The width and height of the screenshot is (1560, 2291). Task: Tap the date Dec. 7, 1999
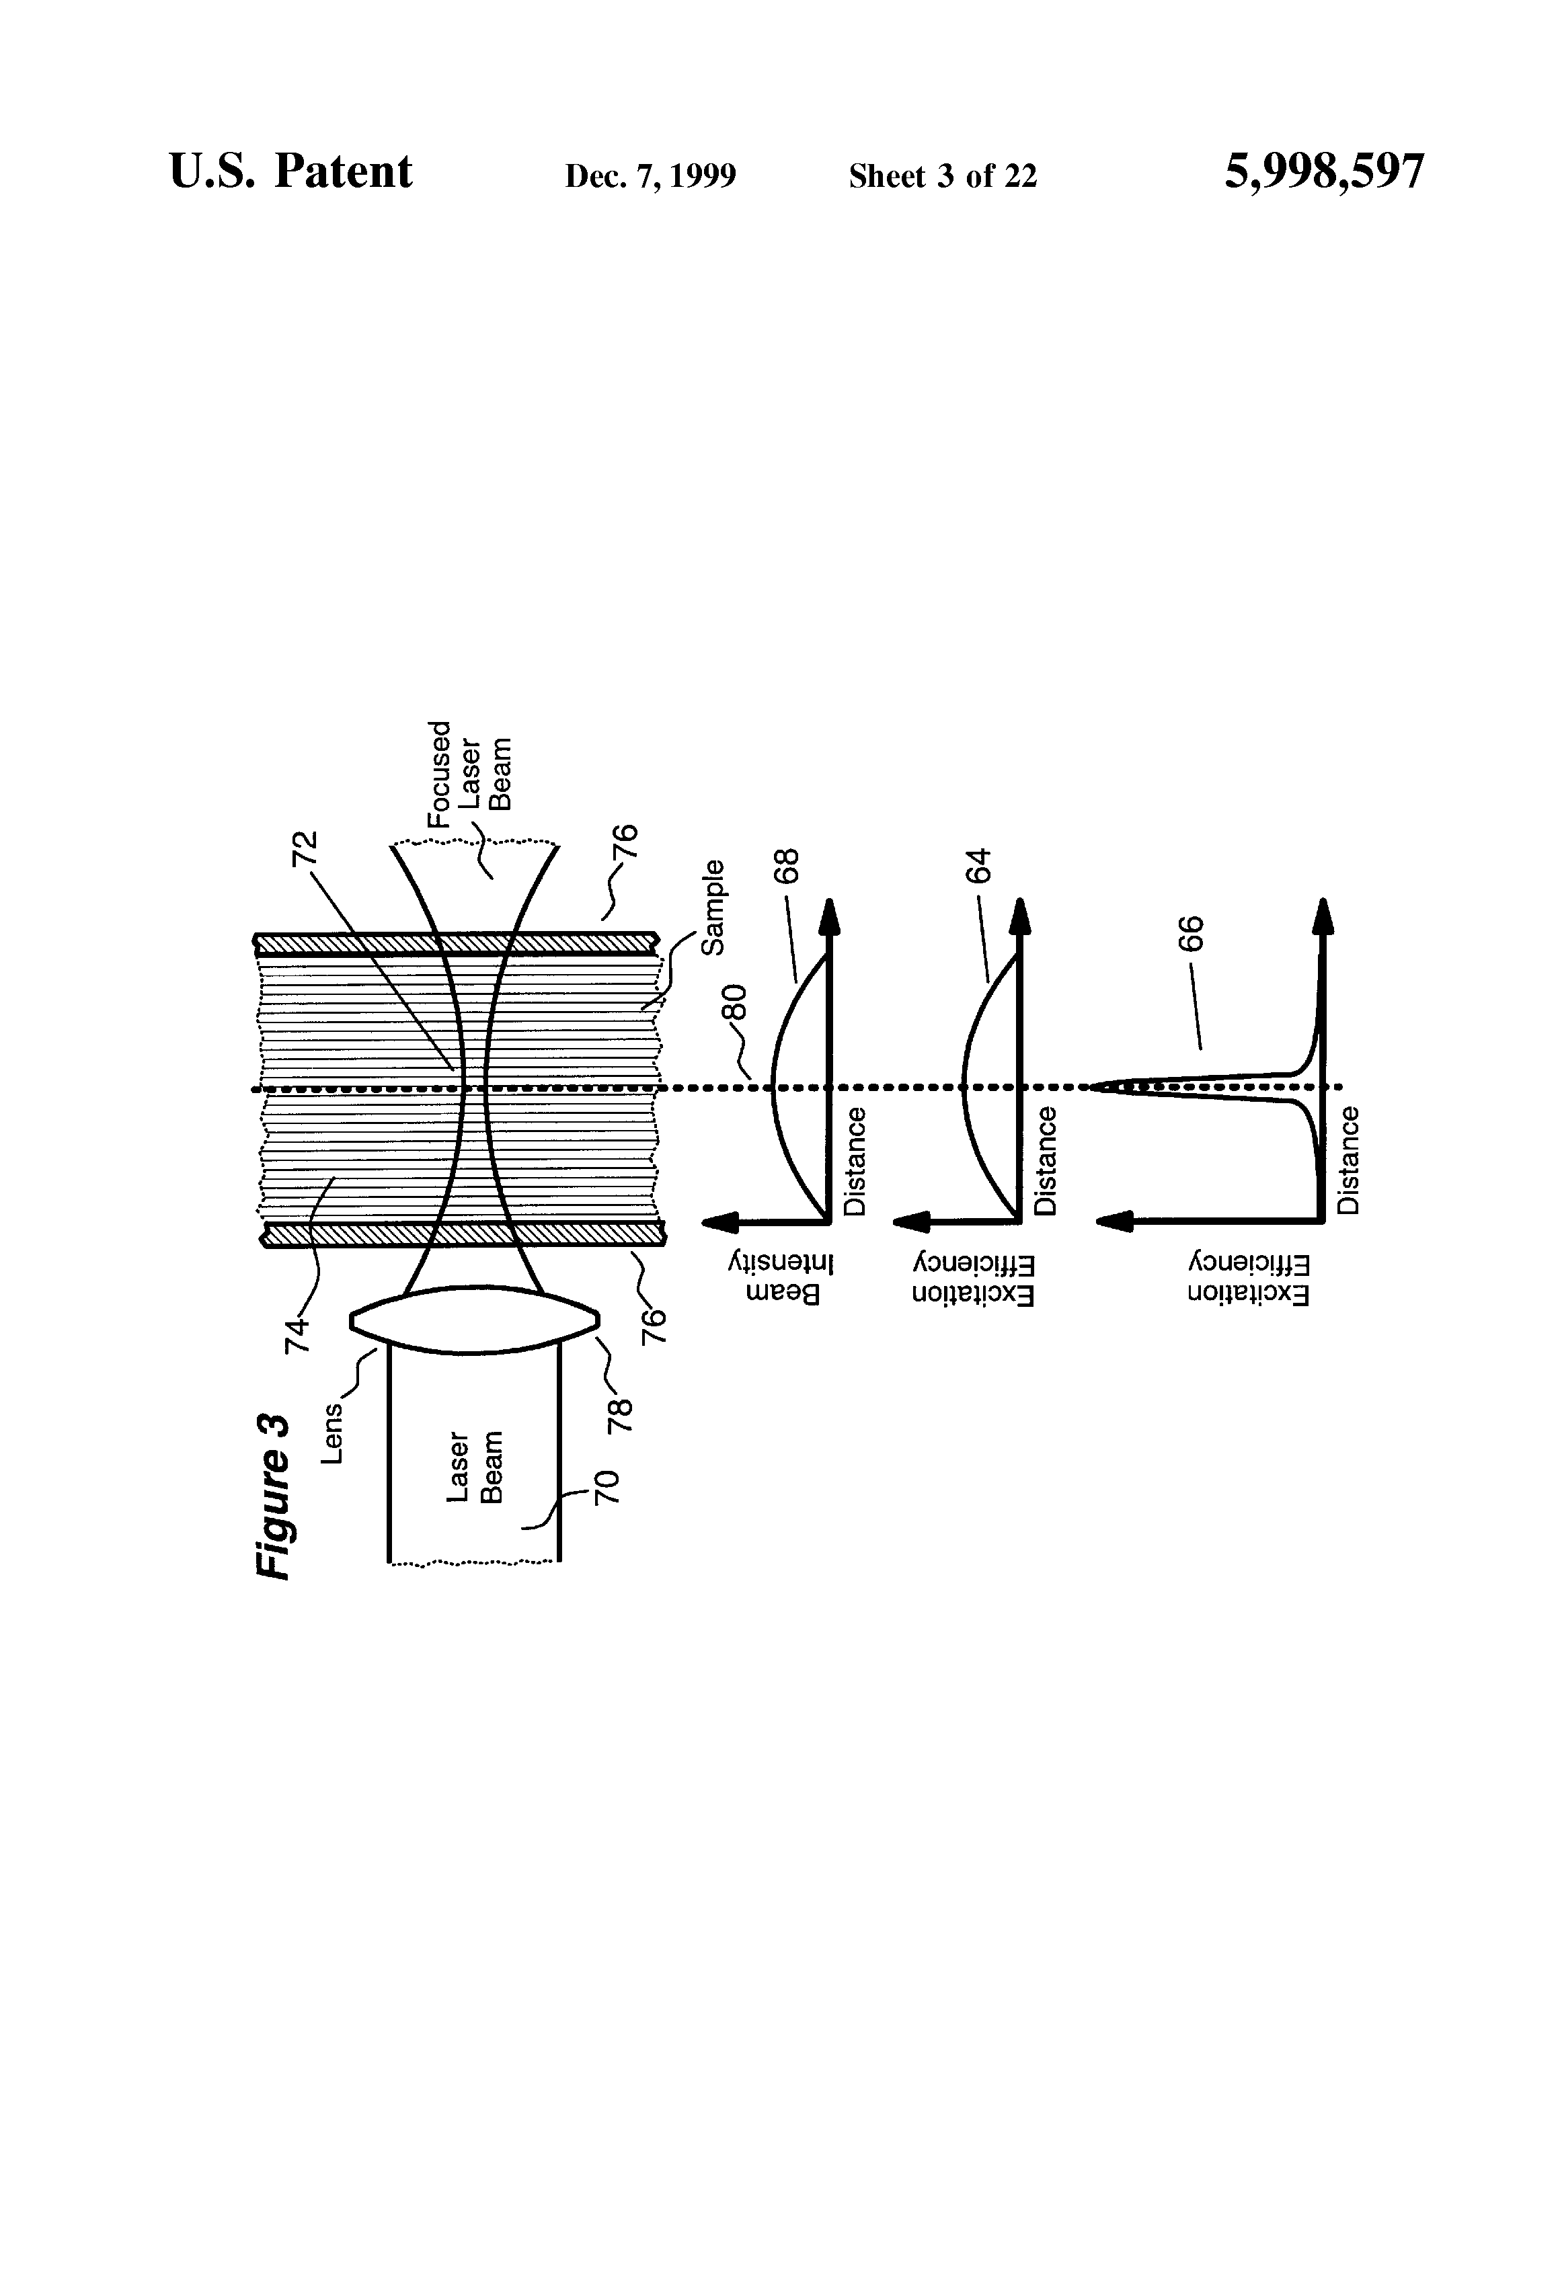[650, 176]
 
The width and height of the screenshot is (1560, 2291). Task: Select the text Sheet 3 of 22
[942, 176]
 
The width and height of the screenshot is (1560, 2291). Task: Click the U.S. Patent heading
[291, 173]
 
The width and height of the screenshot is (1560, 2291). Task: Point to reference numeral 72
[305, 848]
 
